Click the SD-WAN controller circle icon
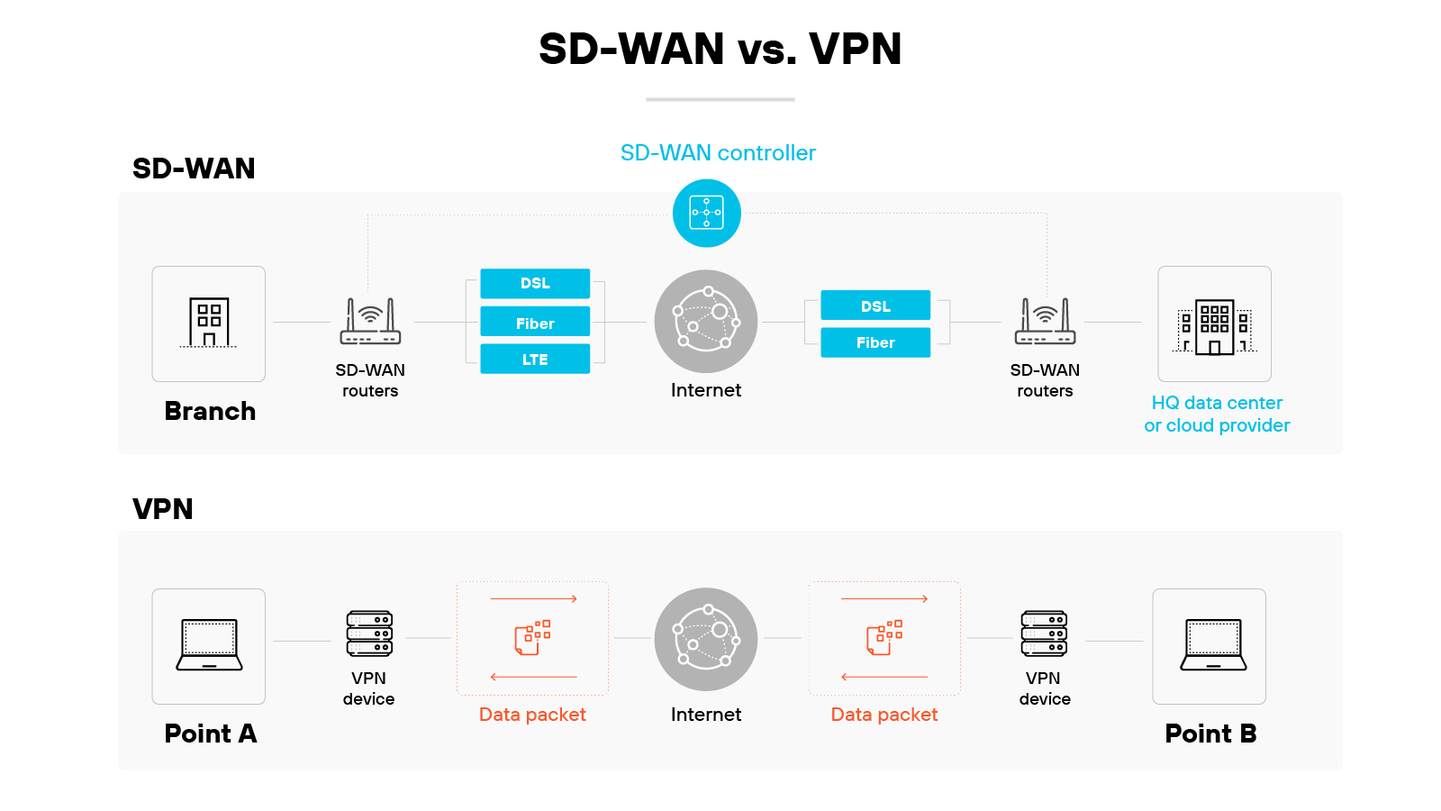(707, 214)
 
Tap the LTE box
(535, 359)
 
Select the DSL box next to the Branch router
(535, 283)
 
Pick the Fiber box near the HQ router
(875, 342)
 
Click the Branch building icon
(209, 323)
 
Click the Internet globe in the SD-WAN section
(706, 321)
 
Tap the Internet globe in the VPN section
(706, 639)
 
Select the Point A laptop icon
(209, 645)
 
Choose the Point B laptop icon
(1213, 645)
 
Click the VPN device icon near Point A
(369, 633)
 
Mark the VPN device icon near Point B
(1044, 633)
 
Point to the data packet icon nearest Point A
(532, 637)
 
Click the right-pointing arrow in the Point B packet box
(884, 598)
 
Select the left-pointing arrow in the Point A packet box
(533, 677)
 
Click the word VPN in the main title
(855, 50)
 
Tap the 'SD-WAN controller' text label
(718, 153)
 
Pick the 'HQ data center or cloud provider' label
(1217, 415)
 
